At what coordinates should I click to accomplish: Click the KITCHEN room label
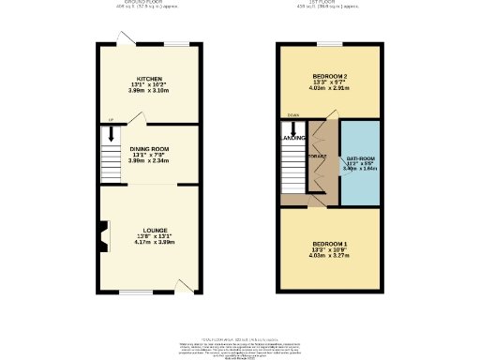(150, 79)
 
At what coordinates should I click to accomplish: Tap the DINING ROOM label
(150, 148)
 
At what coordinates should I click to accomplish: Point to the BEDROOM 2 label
(329, 75)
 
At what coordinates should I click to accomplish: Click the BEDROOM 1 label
(329, 245)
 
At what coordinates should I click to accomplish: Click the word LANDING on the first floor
(293, 139)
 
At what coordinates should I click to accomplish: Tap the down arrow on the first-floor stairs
(292, 128)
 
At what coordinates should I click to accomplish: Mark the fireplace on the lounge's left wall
(104, 233)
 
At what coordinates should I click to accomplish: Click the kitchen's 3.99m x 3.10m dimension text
(150, 92)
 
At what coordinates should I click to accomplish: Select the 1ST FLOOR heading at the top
(329, 3)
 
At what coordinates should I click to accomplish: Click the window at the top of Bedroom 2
(329, 43)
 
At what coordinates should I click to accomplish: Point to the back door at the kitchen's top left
(121, 37)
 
